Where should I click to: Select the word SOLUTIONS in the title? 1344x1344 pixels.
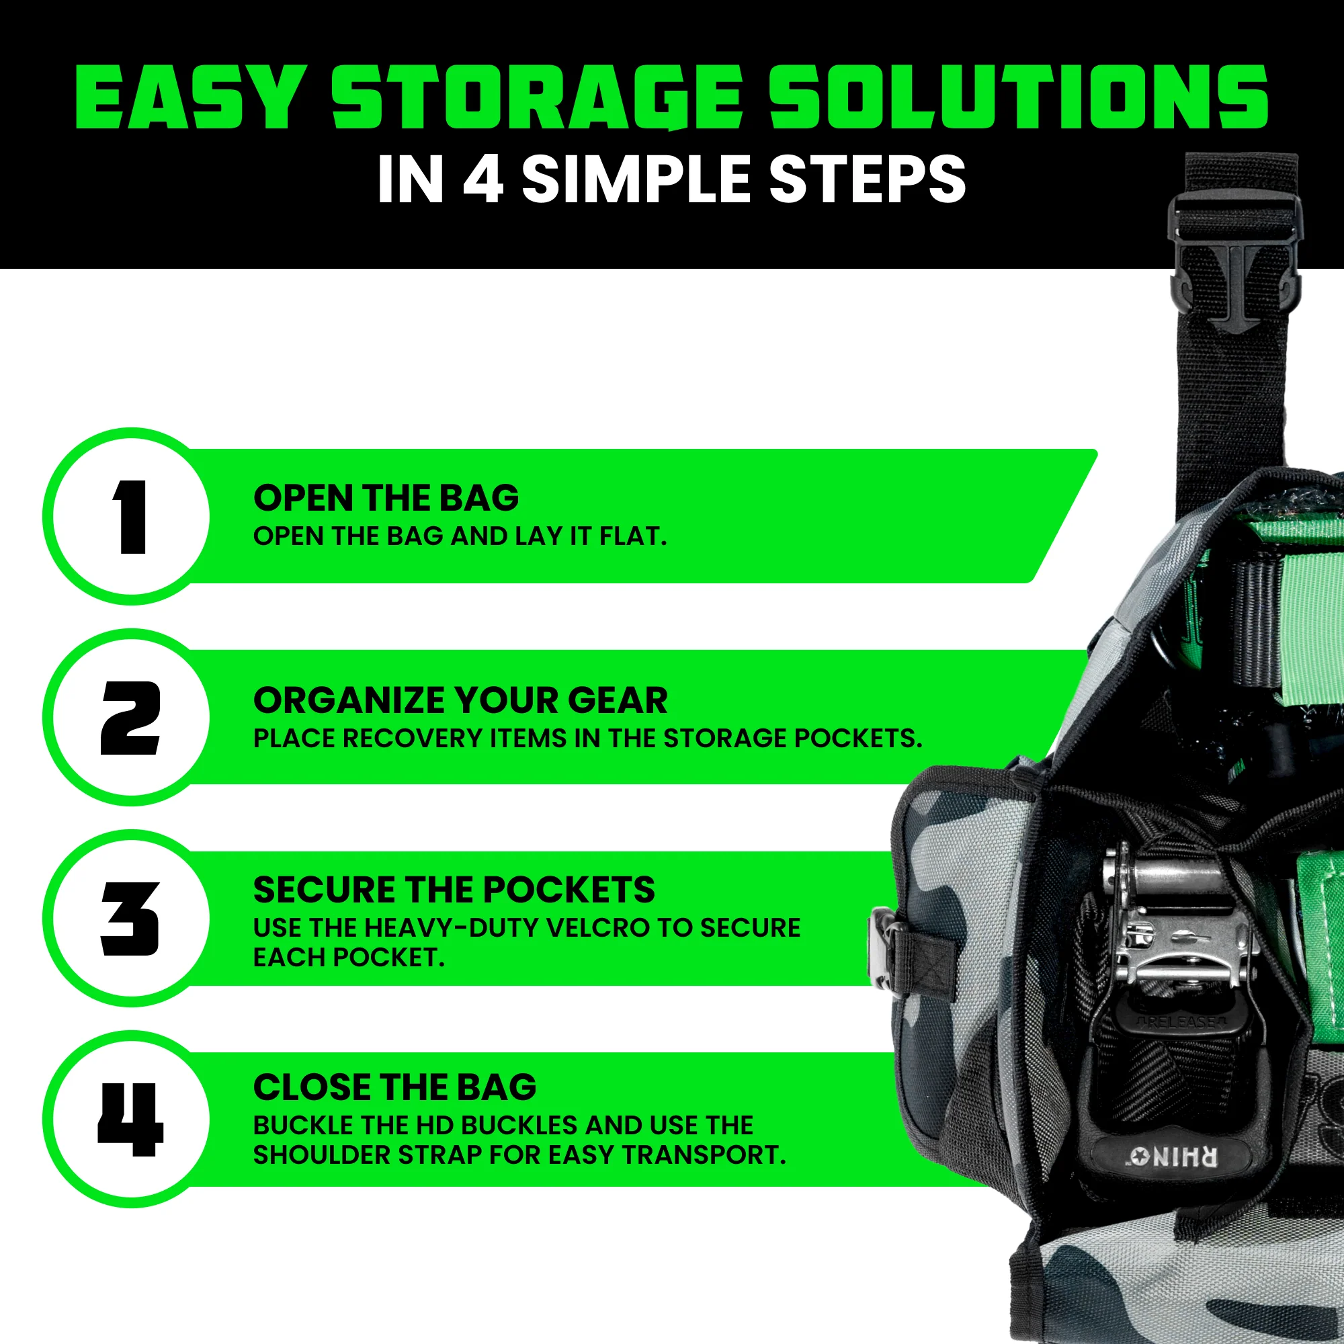(1017, 97)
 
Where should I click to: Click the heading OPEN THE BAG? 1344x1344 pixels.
(386, 498)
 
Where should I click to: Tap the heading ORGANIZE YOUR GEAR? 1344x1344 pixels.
(460, 700)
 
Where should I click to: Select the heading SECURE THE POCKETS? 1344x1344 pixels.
(454, 890)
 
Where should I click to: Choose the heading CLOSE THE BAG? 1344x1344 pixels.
(394, 1087)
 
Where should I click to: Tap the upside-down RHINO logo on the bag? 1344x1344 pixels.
(1173, 1158)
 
